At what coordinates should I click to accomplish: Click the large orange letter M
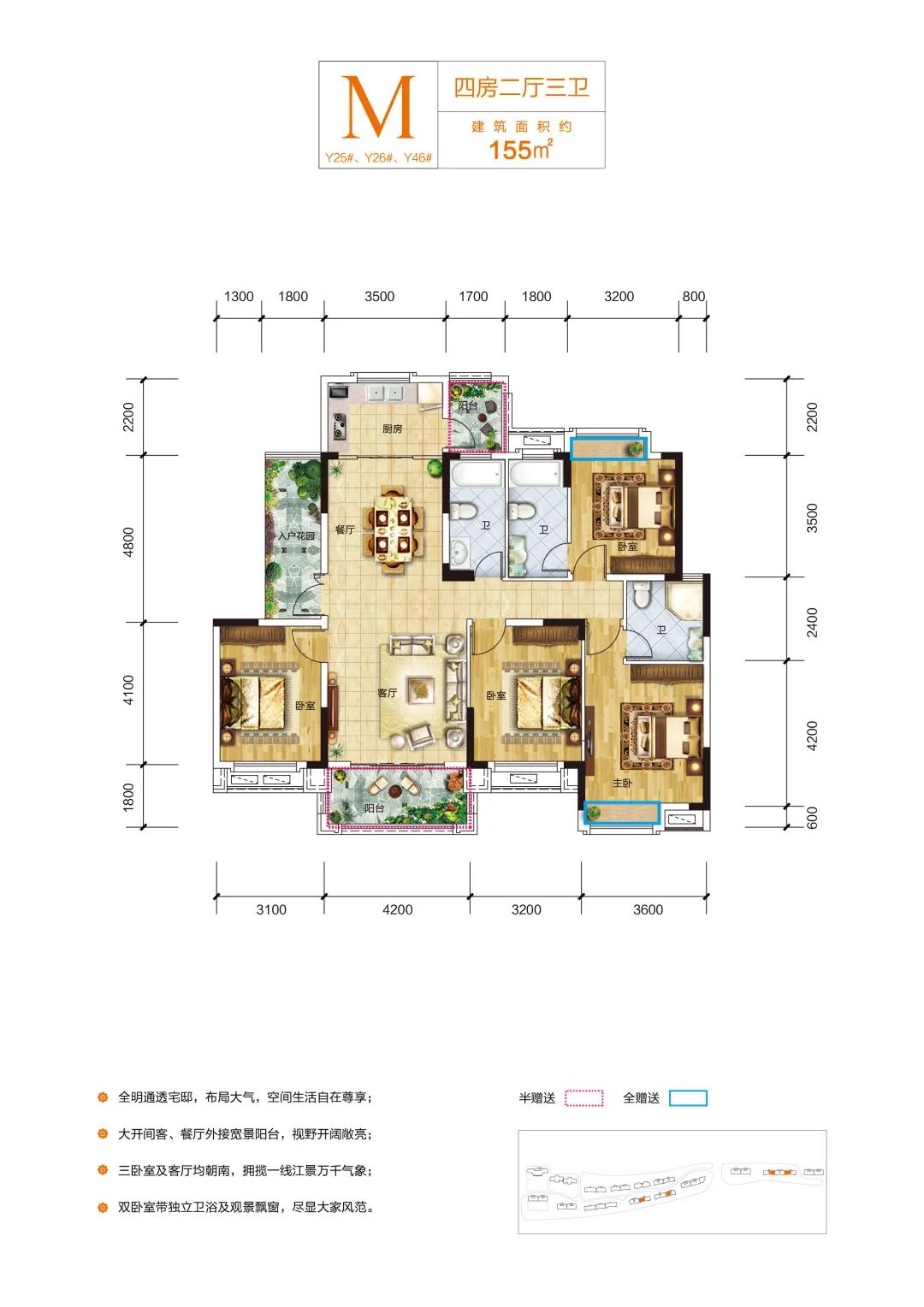[x=378, y=108]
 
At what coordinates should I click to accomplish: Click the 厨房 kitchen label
[x=392, y=429]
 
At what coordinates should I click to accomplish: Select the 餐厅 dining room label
[x=345, y=529]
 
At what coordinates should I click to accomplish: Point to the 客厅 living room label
[x=387, y=693]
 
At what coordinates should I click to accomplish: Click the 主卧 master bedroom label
[x=622, y=783]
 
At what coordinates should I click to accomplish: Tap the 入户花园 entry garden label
[x=296, y=536]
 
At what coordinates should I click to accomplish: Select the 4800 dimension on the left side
[x=128, y=541]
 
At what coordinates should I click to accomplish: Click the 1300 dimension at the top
[x=239, y=297]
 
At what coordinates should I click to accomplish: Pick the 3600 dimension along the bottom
[x=648, y=909]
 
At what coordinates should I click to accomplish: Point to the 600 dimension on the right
[x=812, y=818]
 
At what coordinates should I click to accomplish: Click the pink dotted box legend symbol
[x=583, y=1098]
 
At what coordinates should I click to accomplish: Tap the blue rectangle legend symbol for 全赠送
[x=688, y=1098]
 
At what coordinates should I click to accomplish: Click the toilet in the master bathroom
[x=641, y=595]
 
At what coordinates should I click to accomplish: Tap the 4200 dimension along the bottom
[x=398, y=909]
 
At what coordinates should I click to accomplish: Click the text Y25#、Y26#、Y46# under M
[x=378, y=157]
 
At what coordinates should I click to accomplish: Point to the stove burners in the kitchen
[x=339, y=425]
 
